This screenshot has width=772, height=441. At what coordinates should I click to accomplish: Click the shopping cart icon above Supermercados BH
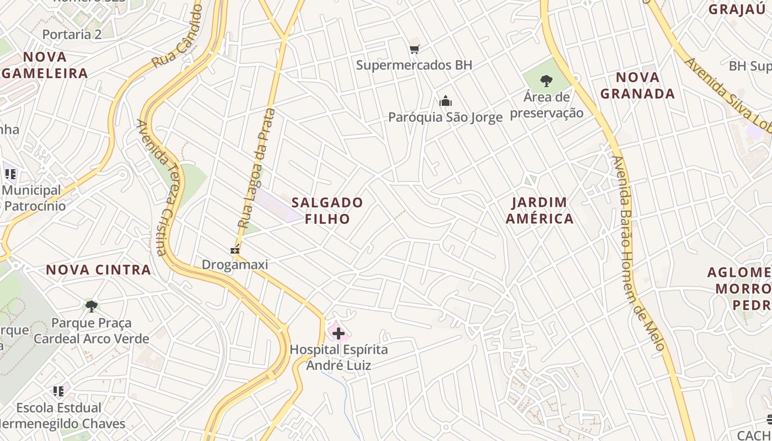415,49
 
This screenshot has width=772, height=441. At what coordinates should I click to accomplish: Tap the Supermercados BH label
414,65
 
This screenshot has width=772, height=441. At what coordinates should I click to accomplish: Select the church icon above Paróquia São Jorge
446,101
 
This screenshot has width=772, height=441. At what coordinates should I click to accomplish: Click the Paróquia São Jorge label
446,117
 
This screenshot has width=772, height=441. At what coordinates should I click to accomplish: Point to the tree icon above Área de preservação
546,81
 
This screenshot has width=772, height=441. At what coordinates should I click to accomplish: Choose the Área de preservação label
546,105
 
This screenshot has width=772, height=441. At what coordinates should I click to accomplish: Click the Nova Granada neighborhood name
637,85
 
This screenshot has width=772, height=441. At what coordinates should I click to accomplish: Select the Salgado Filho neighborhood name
328,211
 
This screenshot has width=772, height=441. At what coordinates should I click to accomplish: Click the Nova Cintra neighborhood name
98,270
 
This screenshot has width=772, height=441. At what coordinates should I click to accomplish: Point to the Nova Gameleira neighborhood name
45,65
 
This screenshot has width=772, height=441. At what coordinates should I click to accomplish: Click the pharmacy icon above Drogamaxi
235,249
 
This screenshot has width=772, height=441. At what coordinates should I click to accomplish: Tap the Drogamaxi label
235,265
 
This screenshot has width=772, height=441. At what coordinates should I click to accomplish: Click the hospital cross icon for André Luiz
339,333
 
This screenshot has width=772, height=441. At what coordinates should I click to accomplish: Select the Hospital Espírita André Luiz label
339,357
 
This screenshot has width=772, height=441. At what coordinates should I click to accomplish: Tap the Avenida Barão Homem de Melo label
639,254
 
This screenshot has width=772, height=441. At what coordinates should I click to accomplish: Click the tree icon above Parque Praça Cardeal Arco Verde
92,306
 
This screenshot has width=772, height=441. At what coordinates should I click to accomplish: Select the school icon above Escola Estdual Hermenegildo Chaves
58,391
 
